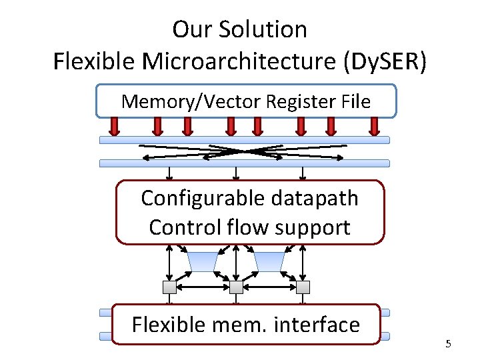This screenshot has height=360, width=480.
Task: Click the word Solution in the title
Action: click(263, 29)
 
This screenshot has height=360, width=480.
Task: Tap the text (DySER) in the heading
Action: click(385, 61)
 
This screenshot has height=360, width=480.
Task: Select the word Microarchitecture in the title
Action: click(239, 61)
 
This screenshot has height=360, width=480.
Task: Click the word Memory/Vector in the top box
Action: click(191, 101)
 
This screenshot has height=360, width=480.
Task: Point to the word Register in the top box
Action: click(301, 101)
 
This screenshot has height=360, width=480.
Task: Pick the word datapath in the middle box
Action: click(315, 199)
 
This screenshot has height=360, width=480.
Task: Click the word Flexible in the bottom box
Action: click(169, 324)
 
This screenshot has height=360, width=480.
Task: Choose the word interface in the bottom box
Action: click(317, 324)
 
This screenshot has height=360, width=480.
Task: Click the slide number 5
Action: click(449, 344)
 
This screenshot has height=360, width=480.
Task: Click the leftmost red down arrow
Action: click(115, 127)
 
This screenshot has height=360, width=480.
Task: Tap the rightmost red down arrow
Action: click(375, 127)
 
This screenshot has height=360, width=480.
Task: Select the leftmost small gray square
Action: click(169, 287)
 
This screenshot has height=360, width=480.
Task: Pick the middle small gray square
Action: click(236, 287)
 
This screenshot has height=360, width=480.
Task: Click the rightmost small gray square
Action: click(303, 287)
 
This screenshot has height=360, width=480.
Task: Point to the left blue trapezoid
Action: click(203, 262)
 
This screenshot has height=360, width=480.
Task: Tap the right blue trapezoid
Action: click(269, 262)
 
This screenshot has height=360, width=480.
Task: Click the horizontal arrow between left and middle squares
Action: click(203, 287)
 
